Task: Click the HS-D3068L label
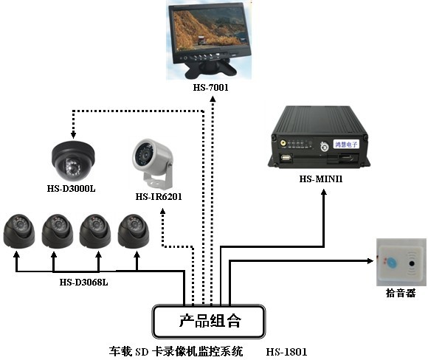(x=83, y=281)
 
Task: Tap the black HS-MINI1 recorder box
(x=322, y=139)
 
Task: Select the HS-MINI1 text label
(x=322, y=179)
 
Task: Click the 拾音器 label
(x=400, y=293)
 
